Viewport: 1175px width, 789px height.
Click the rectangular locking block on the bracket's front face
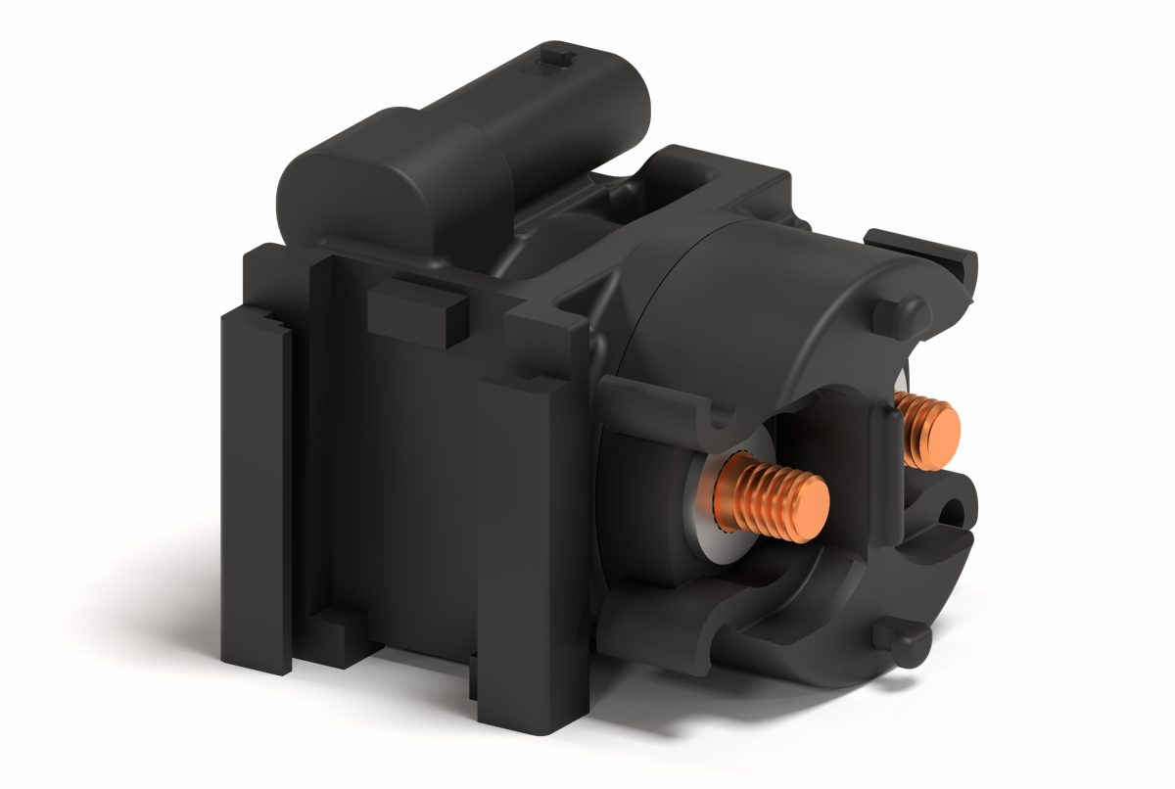click(x=416, y=311)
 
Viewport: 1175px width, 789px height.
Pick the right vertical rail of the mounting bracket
click(x=534, y=548)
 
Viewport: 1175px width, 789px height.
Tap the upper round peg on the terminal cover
click(x=896, y=315)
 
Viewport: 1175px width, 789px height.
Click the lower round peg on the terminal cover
click(x=901, y=641)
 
